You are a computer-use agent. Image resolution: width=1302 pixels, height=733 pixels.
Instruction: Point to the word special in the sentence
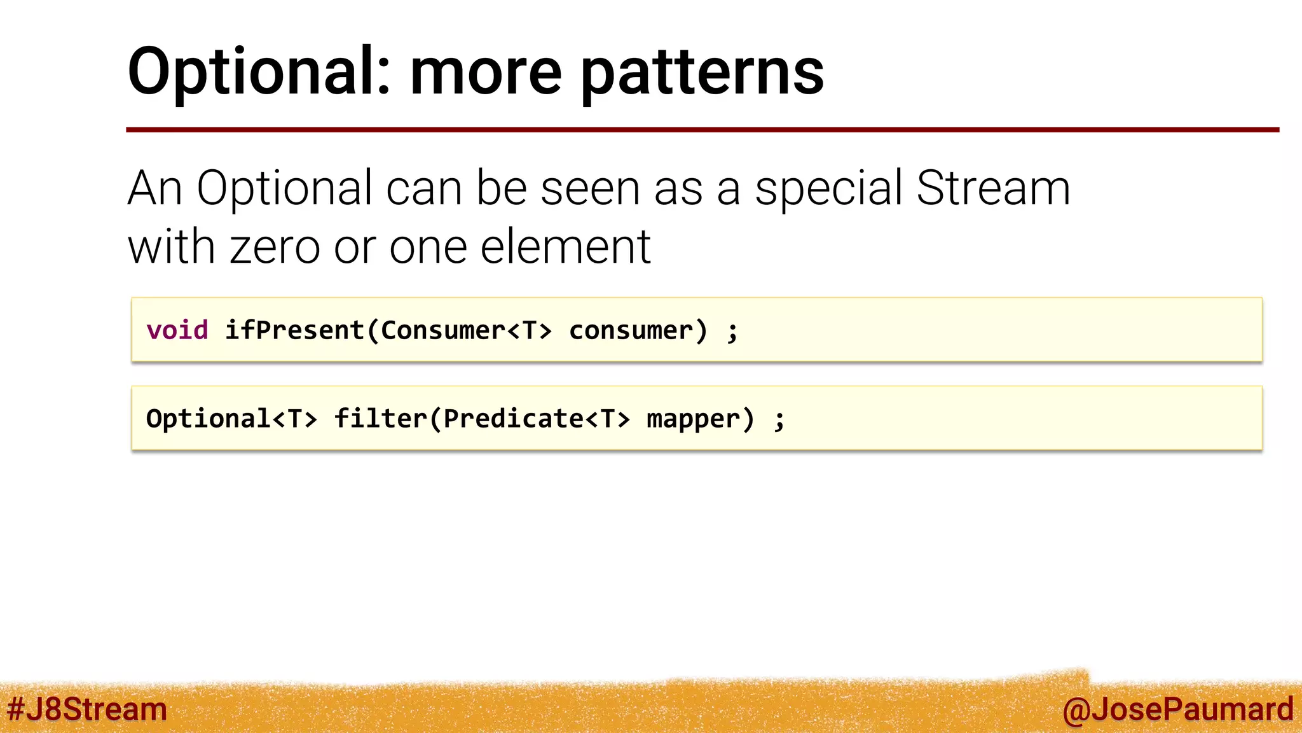[x=828, y=189]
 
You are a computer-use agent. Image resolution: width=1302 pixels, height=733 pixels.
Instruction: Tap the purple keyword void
[x=177, y=330]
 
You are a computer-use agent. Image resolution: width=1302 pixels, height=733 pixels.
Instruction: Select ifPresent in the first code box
[x=294, y=330]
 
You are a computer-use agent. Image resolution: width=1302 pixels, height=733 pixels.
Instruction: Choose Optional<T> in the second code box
[x=231, y=419]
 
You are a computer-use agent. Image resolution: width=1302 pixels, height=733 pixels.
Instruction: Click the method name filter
[x=380, y=419]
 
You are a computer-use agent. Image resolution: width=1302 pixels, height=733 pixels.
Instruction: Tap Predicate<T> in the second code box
[x=537, y=419]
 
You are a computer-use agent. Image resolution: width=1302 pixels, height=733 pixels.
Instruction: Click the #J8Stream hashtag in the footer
[x=86, y=709]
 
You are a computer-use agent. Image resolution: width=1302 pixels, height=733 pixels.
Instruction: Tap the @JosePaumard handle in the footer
[x=1177, y=709]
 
